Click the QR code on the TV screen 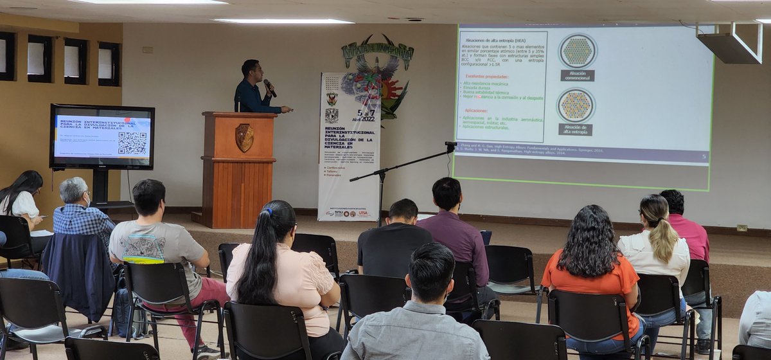132,143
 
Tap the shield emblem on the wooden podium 244,137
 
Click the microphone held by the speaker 270,87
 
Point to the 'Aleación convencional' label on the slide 577,75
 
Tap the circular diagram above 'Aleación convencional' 577,51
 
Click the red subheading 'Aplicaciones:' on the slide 475,111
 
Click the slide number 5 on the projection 704,156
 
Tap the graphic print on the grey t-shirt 143,248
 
